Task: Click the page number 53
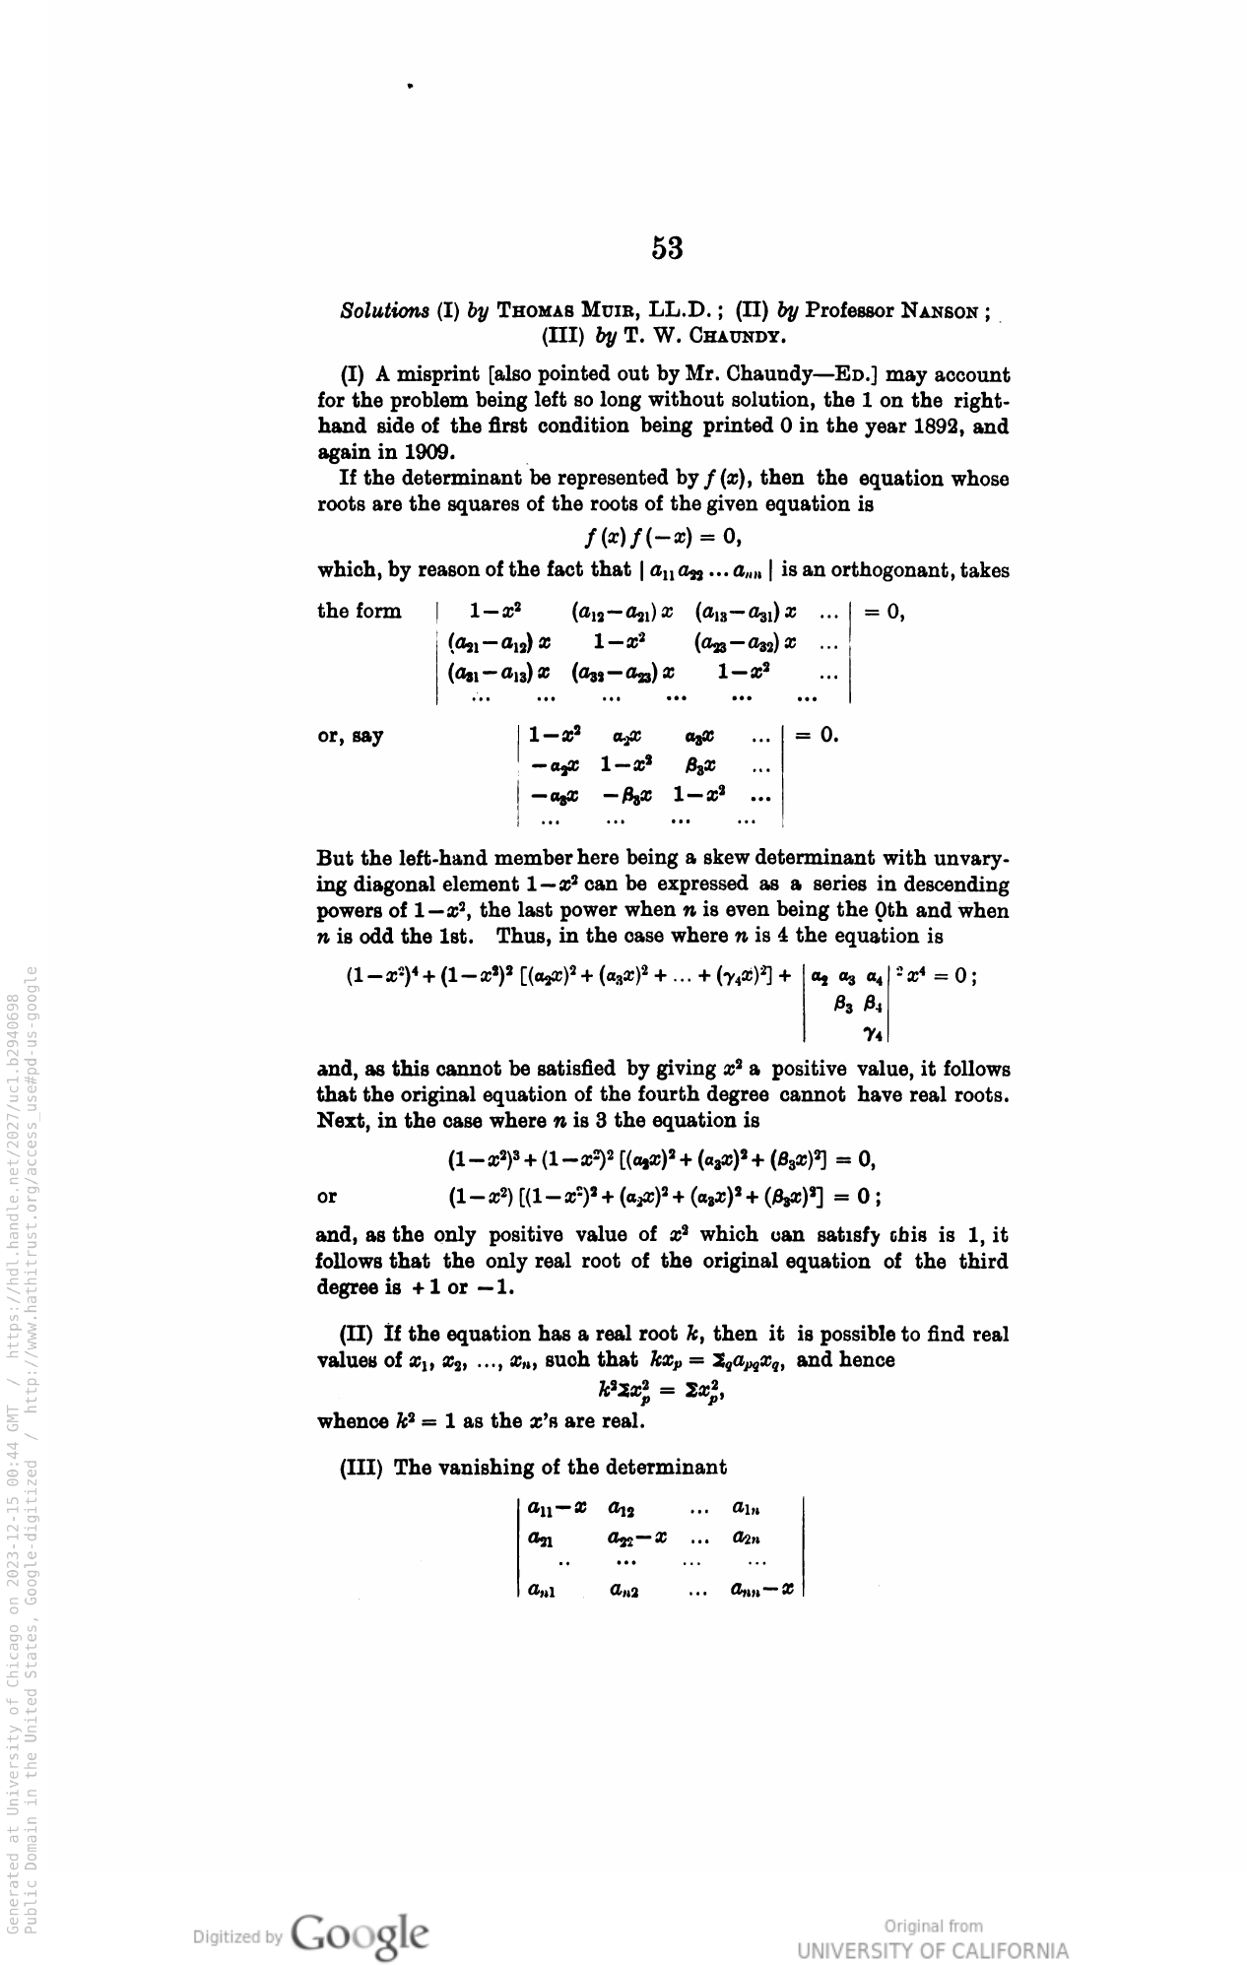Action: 667,248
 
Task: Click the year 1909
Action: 400,452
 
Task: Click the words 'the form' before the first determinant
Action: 360,612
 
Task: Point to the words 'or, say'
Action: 351,736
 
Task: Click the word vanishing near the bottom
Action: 512,1468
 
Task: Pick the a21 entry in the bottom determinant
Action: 540,1538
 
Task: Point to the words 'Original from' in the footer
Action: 933,1926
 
